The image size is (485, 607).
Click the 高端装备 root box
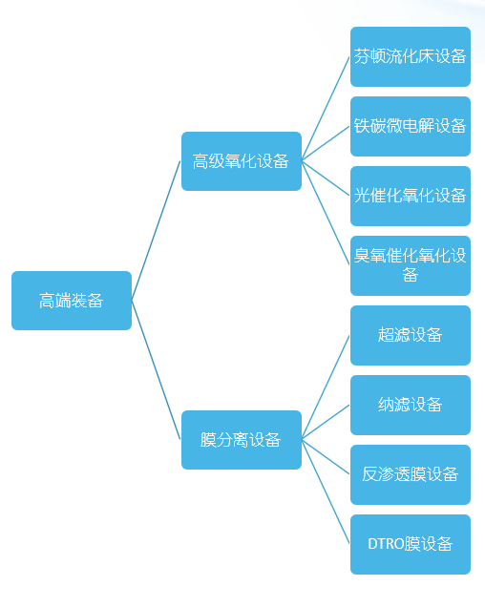72,301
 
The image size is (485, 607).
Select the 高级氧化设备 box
242,161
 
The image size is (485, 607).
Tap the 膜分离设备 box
242,440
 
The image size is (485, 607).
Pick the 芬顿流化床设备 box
411,56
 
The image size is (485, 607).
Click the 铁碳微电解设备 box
411,126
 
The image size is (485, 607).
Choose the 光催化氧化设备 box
411,196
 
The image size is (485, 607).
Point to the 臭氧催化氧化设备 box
411,265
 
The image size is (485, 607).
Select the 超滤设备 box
411,335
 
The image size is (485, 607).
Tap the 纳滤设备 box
411,405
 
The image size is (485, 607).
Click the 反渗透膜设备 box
411,474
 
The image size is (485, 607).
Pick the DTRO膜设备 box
411,544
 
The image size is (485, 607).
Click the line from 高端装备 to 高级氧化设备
157,231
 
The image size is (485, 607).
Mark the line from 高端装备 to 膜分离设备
157,370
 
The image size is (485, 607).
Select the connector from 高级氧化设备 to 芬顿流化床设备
326,109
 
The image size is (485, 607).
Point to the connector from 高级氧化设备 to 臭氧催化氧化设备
326,213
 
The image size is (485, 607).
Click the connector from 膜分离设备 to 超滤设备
326,387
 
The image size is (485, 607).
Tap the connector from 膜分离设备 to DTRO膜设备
326,492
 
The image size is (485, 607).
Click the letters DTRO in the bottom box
386,544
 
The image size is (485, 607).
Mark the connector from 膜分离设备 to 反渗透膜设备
326,457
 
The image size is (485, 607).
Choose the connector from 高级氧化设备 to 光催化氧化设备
326,178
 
